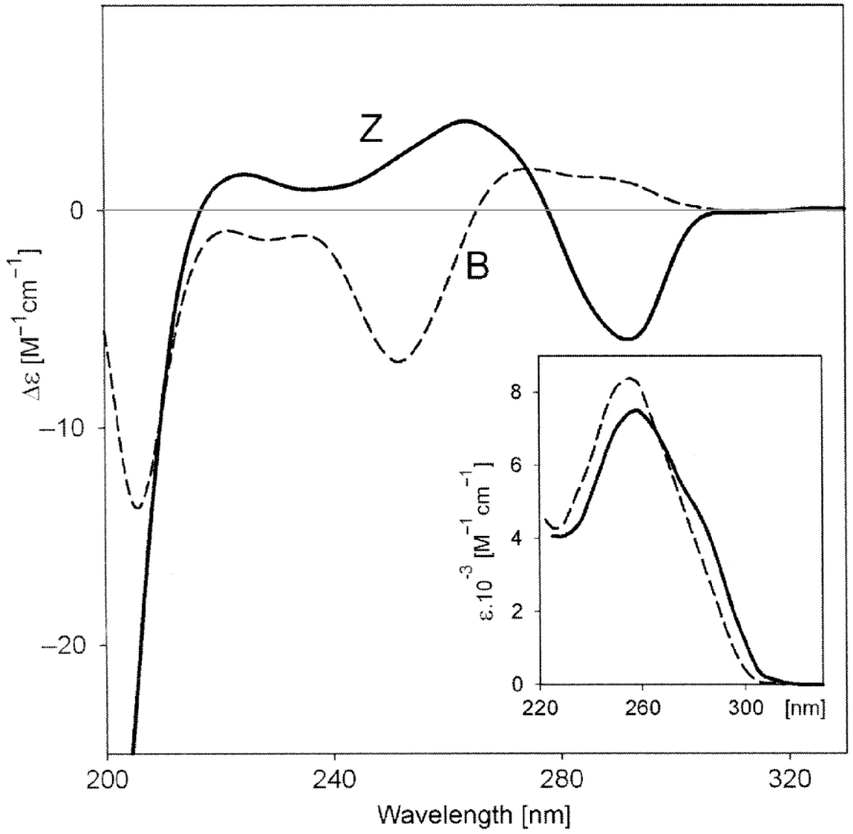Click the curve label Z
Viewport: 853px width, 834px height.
coord(371,131)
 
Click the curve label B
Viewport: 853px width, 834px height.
coord(477,266)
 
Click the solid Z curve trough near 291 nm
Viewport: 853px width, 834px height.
coord(628,338)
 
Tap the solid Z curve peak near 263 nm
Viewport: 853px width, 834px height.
coord(465,121)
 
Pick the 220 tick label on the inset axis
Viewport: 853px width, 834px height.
coord(542,710)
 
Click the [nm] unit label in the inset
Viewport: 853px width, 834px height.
coord(803,710)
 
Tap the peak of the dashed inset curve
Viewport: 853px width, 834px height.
coord(629,378)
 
